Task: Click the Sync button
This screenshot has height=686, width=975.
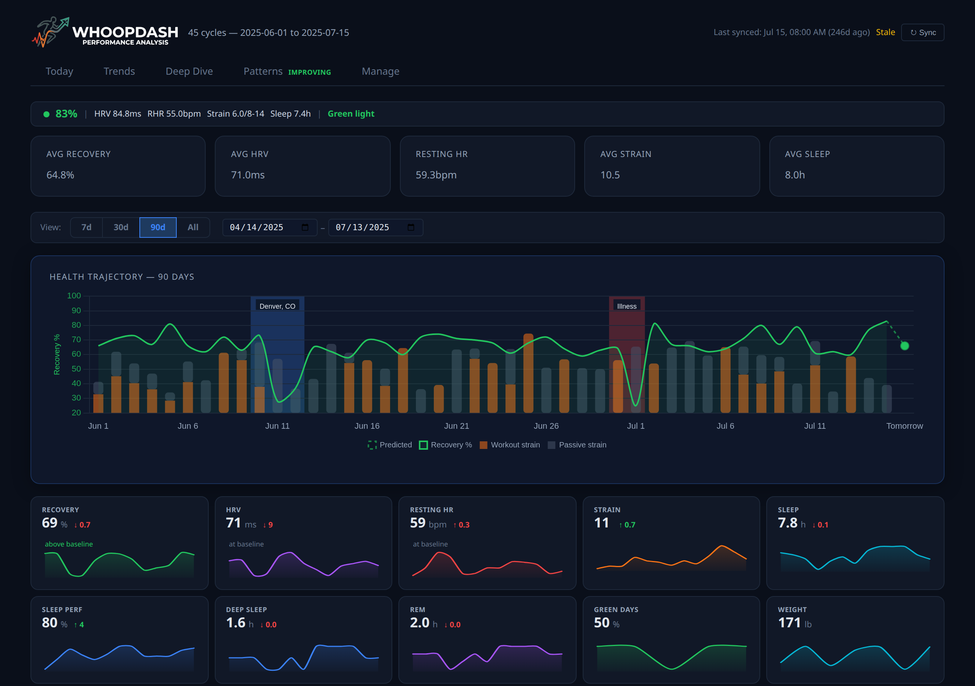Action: [922, 32]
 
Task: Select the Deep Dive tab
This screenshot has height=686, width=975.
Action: [189, 71]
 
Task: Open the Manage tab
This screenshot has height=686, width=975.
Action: [380, 71]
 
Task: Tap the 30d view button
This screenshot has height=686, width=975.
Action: [121, 228]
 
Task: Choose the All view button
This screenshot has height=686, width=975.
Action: [193, 228]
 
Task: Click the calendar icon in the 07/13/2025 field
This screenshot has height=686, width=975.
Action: [411, 228]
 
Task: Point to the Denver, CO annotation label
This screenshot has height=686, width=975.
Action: [277, 306]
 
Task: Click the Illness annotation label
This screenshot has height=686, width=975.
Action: [627, 306]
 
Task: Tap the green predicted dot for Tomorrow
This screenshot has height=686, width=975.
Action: [905, 346]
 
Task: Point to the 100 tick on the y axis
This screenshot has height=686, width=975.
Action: [74, 295]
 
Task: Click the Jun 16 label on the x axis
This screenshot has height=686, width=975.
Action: [367, 426]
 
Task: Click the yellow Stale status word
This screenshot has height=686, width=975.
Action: [885, 32]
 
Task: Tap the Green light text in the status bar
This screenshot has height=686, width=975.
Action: [351, 114]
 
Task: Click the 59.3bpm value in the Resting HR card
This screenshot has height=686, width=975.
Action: [436, 175]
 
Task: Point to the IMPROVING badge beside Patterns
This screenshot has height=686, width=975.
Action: [309, 72]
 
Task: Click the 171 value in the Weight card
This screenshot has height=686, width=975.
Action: [789, 623]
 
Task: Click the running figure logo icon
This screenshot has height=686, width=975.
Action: [50, 32]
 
